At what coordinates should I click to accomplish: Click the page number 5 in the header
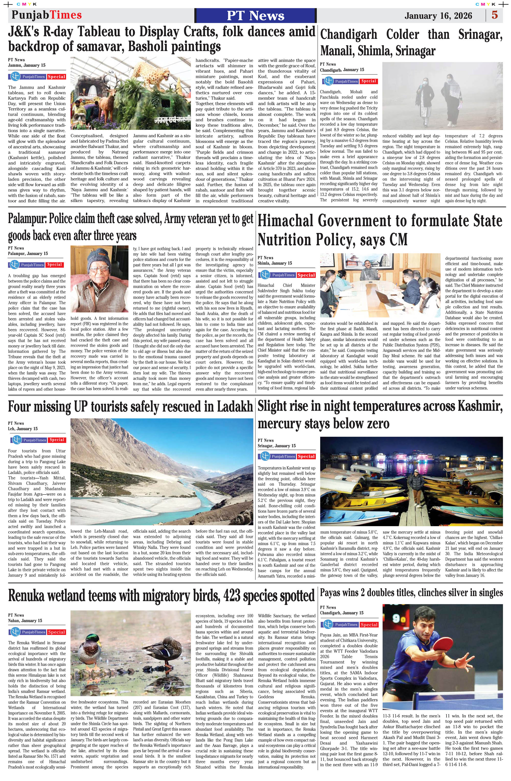point(495,15)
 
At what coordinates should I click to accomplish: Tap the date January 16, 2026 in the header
point(438,16)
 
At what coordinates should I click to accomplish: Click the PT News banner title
point(255,16)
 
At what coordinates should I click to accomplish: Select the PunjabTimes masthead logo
point(47,15)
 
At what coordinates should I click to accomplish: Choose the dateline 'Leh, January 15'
point(23,429)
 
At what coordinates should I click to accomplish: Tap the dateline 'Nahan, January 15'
point(25,620)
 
